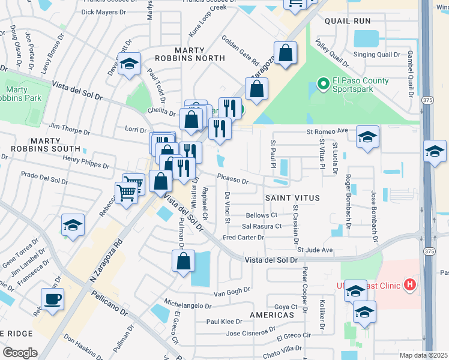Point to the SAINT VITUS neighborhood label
point(292,197)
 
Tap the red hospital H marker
point(410,284)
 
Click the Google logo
point(20,352)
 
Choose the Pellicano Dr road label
point(109,304)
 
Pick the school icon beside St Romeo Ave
point(367,137)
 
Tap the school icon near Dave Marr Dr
point(129,65)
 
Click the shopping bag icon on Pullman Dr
point(184,262)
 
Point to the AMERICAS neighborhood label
point(268,314)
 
